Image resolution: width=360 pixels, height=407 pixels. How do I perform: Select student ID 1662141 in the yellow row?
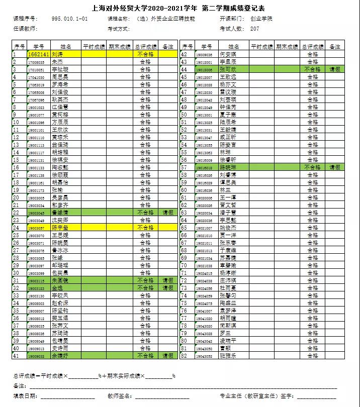coord(38,54)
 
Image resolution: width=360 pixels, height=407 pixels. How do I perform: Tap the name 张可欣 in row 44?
coord(228,69)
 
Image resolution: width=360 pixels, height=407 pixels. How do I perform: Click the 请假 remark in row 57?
coord(334,167)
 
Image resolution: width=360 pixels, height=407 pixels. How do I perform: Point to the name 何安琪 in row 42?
coord(228,54)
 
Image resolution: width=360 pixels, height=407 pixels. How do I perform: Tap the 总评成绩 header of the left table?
coord(145,46)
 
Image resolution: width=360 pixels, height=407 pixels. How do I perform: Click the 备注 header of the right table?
coord(334,46)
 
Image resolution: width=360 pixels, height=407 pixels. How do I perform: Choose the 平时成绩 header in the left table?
coord(93,46)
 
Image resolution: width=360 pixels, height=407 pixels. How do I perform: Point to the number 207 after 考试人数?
coord(255,29)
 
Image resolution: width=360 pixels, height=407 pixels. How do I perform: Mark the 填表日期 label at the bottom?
coord(25,396)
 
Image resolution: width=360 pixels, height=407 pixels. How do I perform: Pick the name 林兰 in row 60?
coord(225,190)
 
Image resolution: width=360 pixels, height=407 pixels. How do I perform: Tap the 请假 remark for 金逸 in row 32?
coord(167,288)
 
